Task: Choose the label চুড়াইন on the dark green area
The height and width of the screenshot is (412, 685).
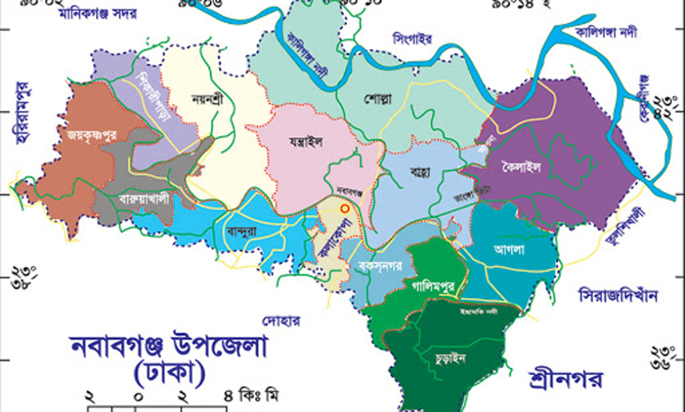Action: point(450,358)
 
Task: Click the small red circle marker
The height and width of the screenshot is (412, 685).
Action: point(344,207)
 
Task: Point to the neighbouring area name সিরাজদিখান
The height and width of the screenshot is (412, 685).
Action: point(618,295)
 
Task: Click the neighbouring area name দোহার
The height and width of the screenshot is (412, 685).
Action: point(282,319)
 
